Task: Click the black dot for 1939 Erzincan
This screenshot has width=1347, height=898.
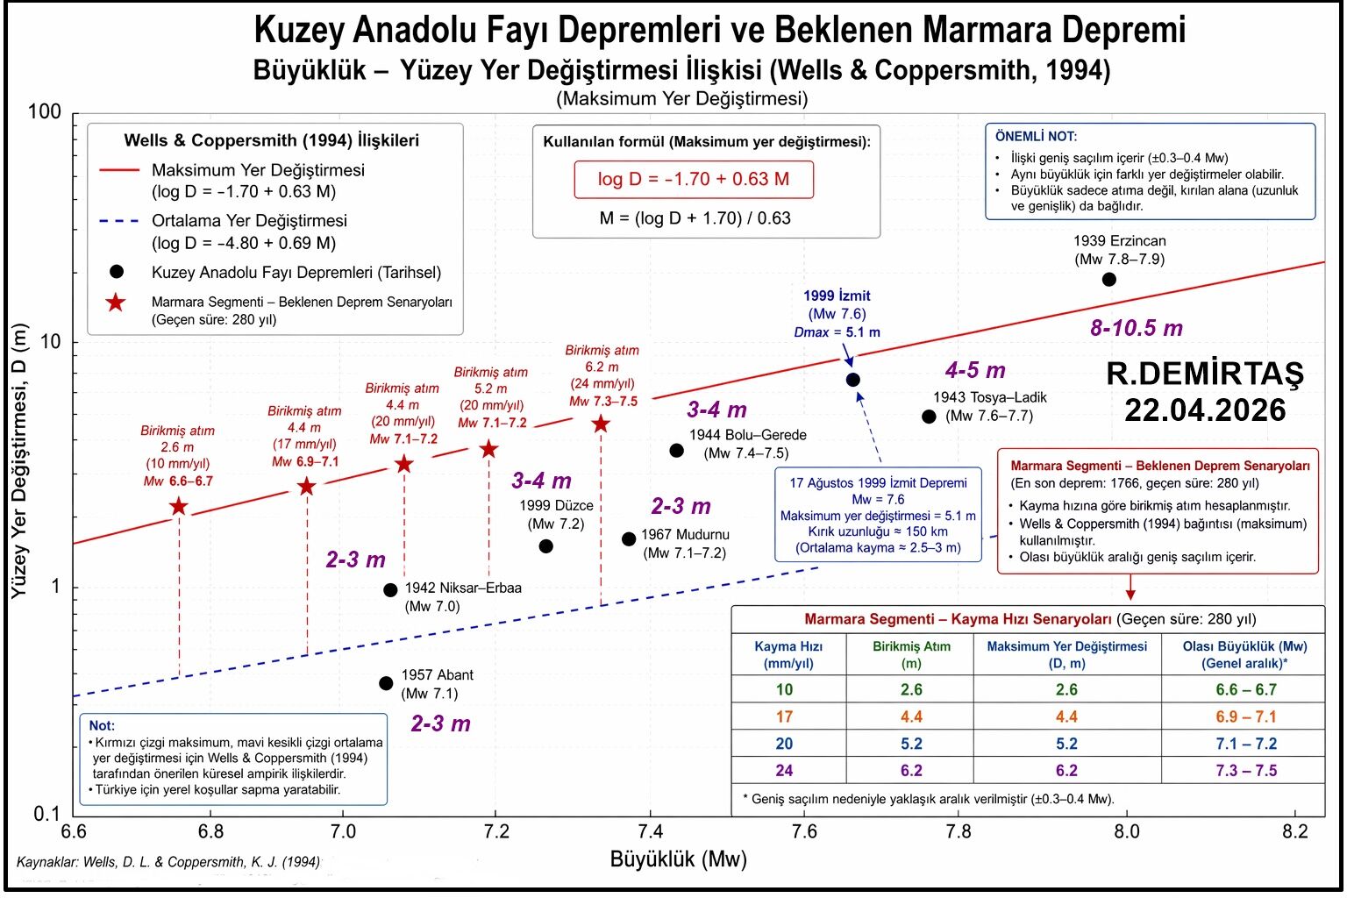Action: (x=1108, y=280)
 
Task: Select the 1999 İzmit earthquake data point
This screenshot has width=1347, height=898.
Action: (x=852, y=380)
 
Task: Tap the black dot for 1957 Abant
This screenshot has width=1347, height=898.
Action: (x=386, y=683)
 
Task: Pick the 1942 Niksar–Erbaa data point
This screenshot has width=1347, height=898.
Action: (x=390, y=590)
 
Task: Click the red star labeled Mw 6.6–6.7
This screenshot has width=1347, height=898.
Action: (x=179, y=506)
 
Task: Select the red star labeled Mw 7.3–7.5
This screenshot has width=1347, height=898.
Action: (x=601, y=424)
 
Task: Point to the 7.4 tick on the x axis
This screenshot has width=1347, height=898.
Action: (x=650, y=830)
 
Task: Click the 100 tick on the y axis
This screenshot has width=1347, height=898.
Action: (x=45, y=112)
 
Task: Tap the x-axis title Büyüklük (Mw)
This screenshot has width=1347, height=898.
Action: (x=678, y=859)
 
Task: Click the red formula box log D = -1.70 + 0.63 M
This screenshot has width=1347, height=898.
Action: (x=693, y=179)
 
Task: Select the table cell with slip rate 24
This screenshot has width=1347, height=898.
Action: (x=784, y=770)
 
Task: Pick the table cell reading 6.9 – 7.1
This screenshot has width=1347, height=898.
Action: (x=1245, y=716)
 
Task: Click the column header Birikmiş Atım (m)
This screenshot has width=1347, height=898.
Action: (x=911, y=654)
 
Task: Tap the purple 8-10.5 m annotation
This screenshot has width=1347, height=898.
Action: (x=1137, y=329)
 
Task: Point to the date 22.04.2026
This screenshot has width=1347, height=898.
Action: (x=1205, y=410)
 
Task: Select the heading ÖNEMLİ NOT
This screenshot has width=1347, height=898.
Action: (x=1036, y=137)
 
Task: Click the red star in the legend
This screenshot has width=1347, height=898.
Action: (x=116, y=303)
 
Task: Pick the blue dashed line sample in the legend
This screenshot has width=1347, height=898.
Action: (x=119, y=221)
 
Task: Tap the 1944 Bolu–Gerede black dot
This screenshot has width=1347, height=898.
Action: (x=676, y=451)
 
